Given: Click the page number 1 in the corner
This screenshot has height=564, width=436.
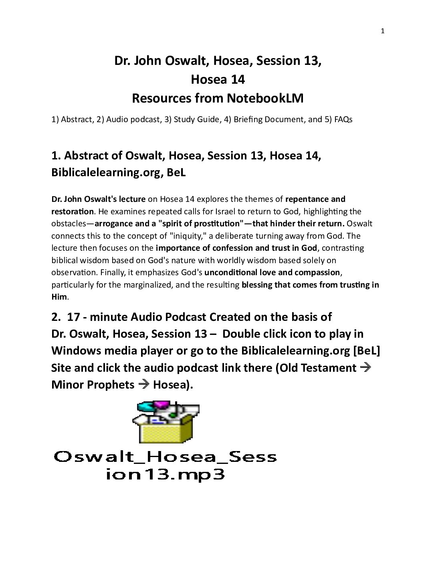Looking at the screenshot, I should (x=382, y=32).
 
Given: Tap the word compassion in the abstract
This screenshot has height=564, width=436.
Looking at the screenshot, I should (x=317, y=272).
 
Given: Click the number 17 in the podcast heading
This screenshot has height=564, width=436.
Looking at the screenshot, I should (x=74, y=317).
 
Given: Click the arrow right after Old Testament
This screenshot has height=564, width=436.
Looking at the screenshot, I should (x=365, y=368).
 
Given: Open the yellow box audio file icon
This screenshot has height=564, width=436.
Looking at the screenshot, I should (x=166, y=421).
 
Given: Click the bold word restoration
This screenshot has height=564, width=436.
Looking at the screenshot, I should (x=72, y=211).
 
